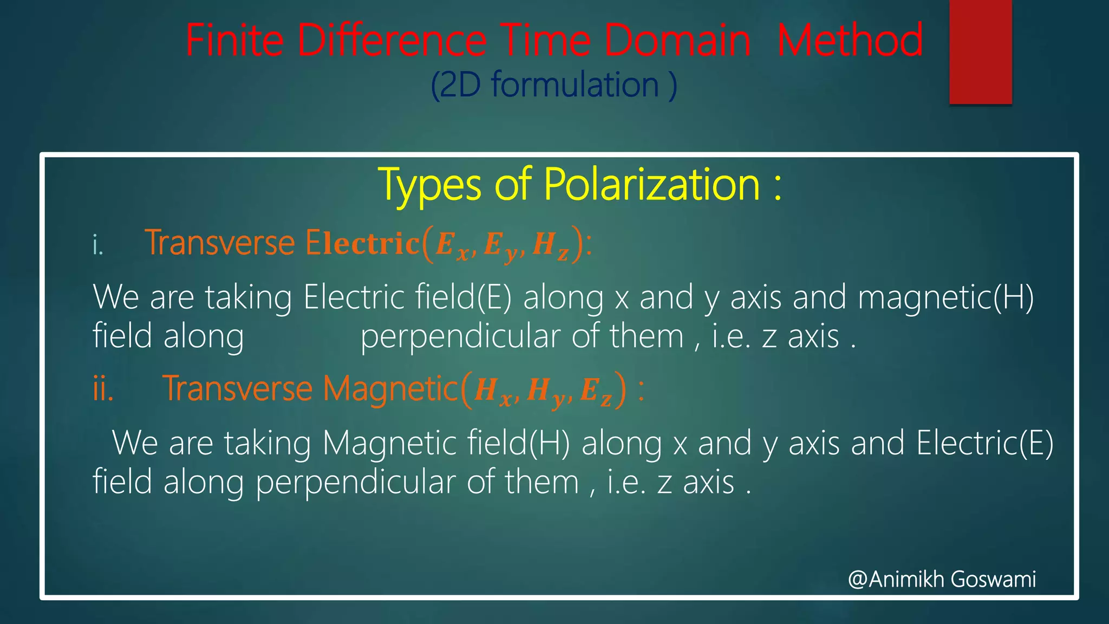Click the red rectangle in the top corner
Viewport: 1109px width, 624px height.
pos(981,51)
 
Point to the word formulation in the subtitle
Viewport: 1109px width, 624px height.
pos(575,85)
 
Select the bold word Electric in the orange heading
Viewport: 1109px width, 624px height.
pos(362,243)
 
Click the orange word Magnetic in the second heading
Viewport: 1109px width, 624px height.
pos(391,389)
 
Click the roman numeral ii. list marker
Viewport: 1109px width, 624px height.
pos(103,389)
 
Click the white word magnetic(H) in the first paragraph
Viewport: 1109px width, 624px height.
pos(945,297)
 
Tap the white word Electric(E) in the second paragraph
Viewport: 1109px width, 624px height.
pos(985,443)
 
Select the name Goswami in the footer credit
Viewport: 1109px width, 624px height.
pos(993,579)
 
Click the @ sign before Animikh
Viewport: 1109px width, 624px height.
pos(858,579)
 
